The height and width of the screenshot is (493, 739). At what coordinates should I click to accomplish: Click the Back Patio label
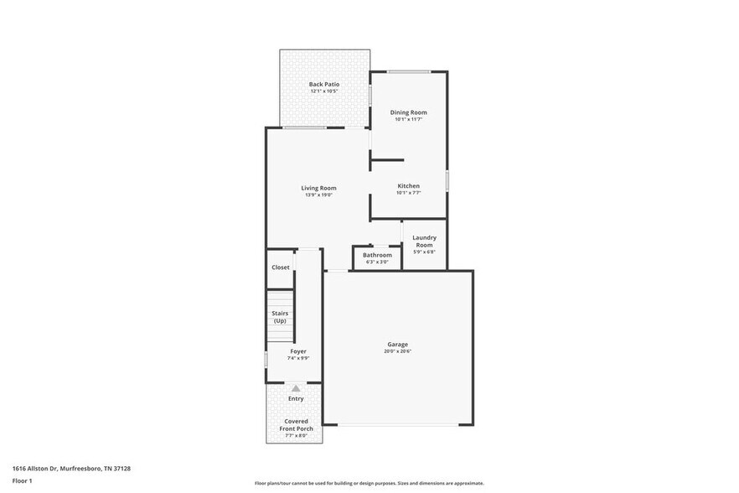click(x=324, y=84)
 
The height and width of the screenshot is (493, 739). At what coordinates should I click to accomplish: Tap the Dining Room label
click(x=409, y=112)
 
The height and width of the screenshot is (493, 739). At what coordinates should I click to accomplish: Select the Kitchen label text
click(x=409, y=186)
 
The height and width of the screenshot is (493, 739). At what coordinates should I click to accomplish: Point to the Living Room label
click(x=318, y=188)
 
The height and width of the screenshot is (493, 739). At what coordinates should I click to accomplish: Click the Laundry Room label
click(x=424, y=241)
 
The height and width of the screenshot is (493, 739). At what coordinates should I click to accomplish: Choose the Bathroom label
click(x=377, y=255)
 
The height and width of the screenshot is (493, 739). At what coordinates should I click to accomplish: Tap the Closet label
click(x=281, y=267)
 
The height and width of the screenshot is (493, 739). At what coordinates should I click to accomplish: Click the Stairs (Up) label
click(x=280, y=317)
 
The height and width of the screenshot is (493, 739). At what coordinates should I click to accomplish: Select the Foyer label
click(x=298, y=351)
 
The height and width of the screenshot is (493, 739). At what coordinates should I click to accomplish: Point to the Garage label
click(x=397, y=345)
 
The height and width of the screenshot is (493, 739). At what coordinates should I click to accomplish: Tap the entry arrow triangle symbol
click(x=296, y=388)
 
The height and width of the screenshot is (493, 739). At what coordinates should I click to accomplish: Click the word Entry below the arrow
click(x=296, y=398)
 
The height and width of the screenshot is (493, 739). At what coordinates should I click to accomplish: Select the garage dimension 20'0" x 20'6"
click(x=397, y=351)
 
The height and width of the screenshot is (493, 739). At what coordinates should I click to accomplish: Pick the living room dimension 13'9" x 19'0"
click(x=318, y=195)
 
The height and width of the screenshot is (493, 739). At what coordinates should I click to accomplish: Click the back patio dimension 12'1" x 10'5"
click(x=324, y=91)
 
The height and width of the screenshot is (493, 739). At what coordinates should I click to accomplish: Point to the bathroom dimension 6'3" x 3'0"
click(x=377, y=262)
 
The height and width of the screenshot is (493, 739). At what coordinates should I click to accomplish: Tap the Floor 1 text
click(x=22, y=480)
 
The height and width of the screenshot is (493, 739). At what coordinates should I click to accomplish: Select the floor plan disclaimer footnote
click(x=369, y=484)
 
